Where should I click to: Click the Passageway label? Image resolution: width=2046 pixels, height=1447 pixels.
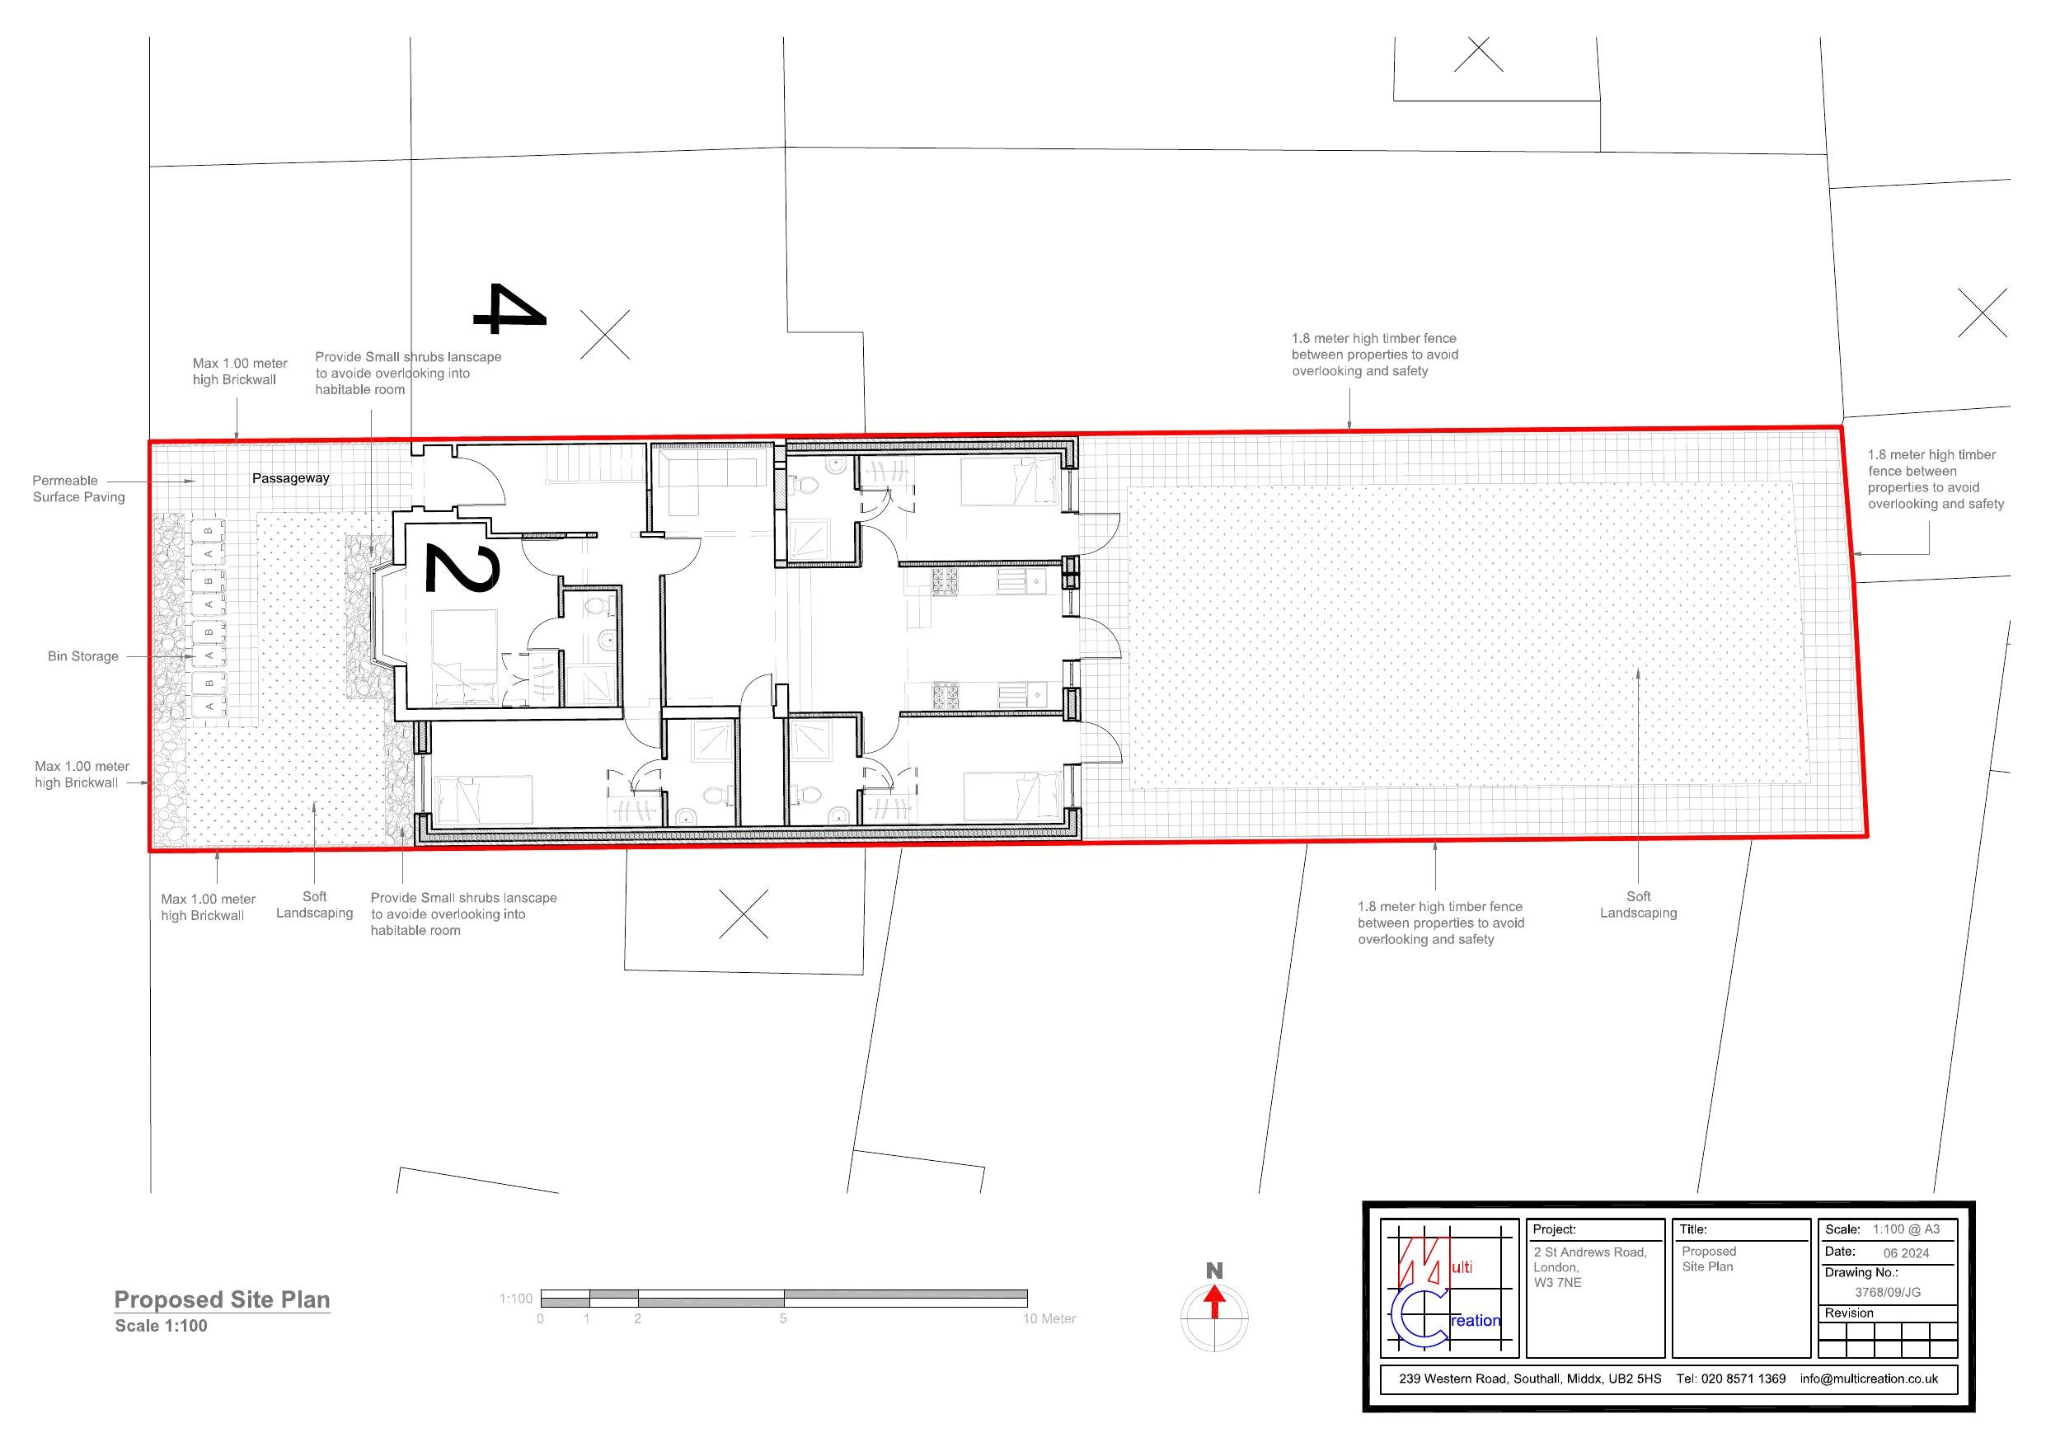(290, 479)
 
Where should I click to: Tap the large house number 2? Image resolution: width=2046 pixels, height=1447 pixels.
(460, 568)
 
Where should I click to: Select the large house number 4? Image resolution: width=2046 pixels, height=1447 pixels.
(508, 309)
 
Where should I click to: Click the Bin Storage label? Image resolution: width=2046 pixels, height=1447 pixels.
(83, 656)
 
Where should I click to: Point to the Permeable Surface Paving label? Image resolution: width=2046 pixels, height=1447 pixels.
(78, 489)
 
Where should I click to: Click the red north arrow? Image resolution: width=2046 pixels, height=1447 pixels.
(1213, 1304)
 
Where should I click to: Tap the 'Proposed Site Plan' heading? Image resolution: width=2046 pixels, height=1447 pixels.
(222, 1300)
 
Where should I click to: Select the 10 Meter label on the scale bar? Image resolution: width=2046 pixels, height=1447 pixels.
(1049, 1318)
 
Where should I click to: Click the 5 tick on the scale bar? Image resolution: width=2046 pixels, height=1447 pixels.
(783, 1318)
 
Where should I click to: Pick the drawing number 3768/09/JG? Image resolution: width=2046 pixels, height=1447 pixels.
(1888, 1292)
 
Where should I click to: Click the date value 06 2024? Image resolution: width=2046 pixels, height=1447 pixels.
(1906, 1252)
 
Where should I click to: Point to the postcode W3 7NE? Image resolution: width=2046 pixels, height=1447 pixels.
(1558, 1283)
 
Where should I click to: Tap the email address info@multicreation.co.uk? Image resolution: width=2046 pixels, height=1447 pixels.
(1869, 1379)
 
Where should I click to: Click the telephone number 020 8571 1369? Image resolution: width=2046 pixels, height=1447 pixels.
(1743, 1379)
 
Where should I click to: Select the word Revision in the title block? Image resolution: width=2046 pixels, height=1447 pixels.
(1849, 1313)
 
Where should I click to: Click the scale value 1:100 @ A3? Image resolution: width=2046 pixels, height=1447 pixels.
(1906, 1229)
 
